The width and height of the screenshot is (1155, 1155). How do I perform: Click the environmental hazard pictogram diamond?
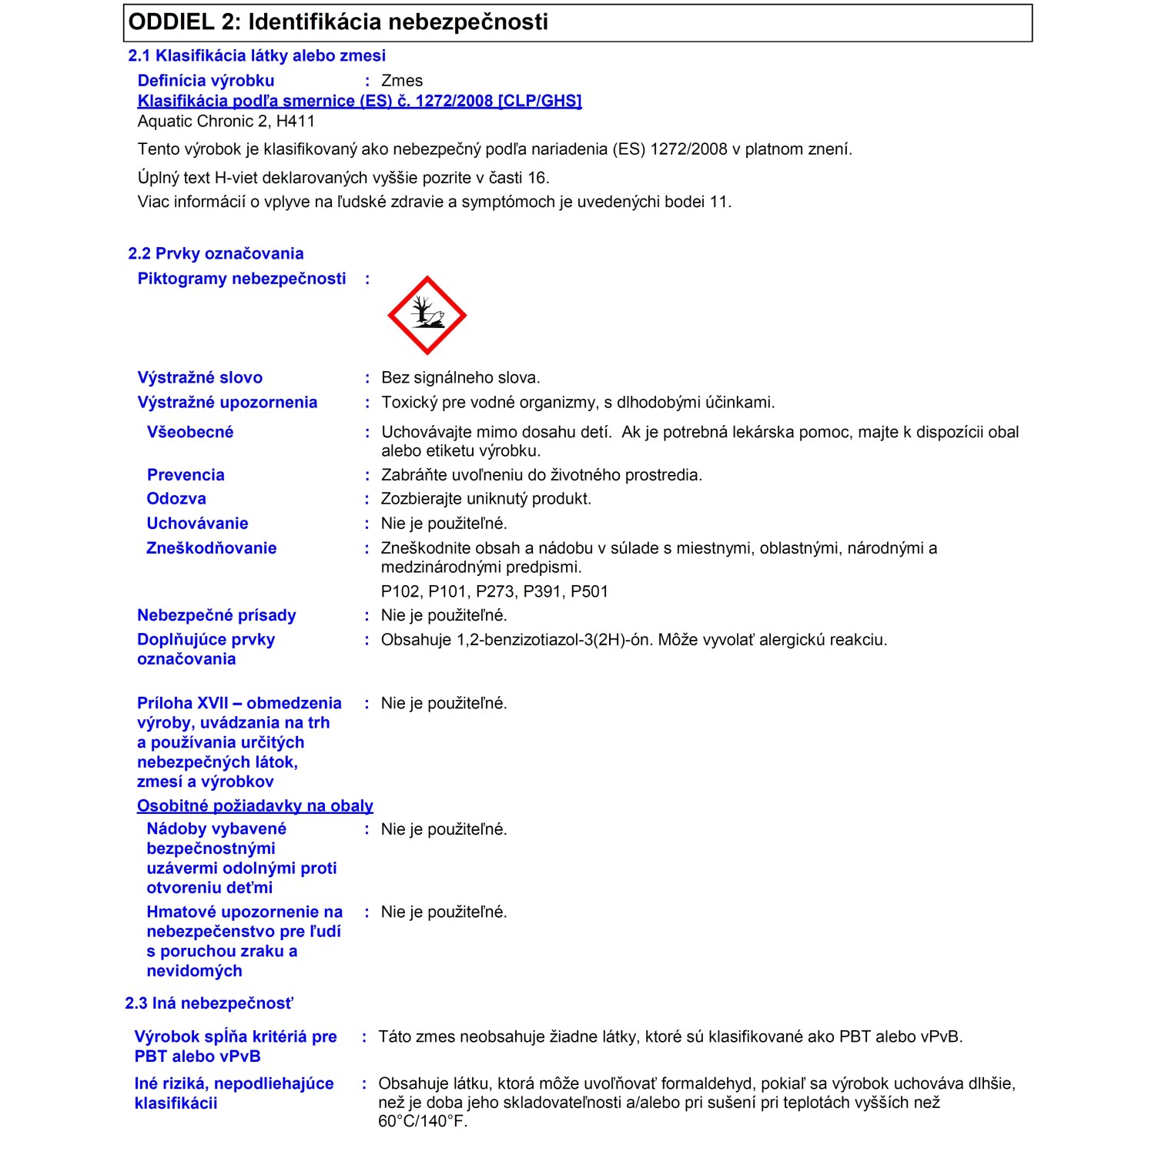(x=427, y=316)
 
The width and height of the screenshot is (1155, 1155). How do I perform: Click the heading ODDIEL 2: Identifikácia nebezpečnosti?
(x=338, y=22)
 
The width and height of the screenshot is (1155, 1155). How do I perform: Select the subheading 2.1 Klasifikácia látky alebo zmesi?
(x=256, y=55)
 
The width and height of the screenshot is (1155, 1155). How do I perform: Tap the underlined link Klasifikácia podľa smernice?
(x=359, y=101)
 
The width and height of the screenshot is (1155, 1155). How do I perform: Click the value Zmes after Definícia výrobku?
(x=402, y=81)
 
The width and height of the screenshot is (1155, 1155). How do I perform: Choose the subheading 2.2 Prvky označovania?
(x=216, y=253)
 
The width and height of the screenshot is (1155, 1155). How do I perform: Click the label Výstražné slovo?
(x=199, y=377)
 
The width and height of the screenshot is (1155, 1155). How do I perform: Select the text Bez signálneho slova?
(x=460, y=377)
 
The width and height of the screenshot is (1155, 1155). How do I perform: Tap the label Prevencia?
(x=186, y=475)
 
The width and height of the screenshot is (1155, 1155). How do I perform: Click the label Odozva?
(x=176, y=499)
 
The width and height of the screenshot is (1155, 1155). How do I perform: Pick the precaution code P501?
(x=589, y=591)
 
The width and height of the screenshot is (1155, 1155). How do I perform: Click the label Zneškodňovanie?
(x=211, y=548)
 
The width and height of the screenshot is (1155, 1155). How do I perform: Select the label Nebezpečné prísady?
(x=216, y=615)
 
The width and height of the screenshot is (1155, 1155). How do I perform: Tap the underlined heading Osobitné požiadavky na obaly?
(x=255, y=806)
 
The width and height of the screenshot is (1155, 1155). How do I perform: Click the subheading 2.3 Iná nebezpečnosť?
(x=209, y=1003)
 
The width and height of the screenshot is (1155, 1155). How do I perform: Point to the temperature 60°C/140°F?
(x=423, y=1121)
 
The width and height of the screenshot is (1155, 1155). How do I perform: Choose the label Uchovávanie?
(x=197, y=524)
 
